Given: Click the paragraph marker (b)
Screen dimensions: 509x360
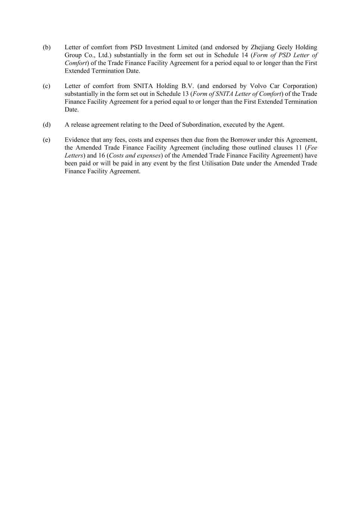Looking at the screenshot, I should [47, 47].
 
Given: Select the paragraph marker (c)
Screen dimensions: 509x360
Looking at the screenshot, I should [47, 86].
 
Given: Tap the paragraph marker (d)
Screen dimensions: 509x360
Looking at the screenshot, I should [47, 125].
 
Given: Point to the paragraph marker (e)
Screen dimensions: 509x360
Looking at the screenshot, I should [47, 140].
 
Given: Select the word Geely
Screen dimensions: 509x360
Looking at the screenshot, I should [285, 47].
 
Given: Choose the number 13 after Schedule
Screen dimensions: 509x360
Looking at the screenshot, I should [185, 94].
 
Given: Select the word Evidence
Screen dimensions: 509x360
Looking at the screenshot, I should [77, 140].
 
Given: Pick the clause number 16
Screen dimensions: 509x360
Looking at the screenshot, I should [102, 155].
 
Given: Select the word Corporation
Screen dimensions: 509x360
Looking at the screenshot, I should [300, 86].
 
